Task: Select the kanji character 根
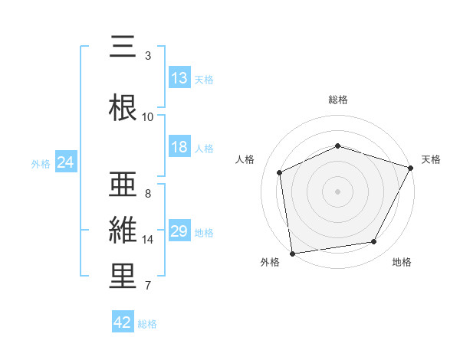(x=123, y=106)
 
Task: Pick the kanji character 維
(x=123, y=229)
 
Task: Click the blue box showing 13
(x=179, y=78)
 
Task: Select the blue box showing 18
(x=179, y=148)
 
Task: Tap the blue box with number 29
(x=179, y=231)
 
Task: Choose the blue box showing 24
(x=65, y=162)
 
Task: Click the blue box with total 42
(x=123, y=322)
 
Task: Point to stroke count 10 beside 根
(x=148, y=116)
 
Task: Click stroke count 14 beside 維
(x=148, y=240)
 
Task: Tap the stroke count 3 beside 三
(x=148, y=56)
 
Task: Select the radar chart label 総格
(x=338, y=100)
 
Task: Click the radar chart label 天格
(x=431, y=159)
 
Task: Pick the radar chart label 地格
(x=402, y=262)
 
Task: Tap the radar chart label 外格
(x=270, y=262)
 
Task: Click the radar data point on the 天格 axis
(x=411, y=168)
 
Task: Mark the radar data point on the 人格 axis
(x=280, y=172)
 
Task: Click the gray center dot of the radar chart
(x=338, y=191)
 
